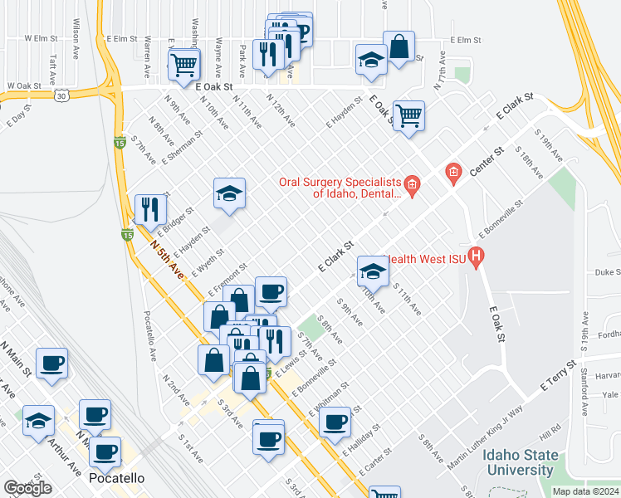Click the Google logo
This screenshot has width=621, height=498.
click(27, 488)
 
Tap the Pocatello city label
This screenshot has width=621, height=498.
click(115, 479)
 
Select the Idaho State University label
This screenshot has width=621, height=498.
click(509, 463)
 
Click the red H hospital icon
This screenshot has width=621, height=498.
click(476, 258)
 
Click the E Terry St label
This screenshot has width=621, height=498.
click(558, 375)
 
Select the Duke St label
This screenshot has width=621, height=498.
click(608, 271)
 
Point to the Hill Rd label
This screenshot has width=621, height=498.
click(550, 436)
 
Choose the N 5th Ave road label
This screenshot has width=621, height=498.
click(166, 260)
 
